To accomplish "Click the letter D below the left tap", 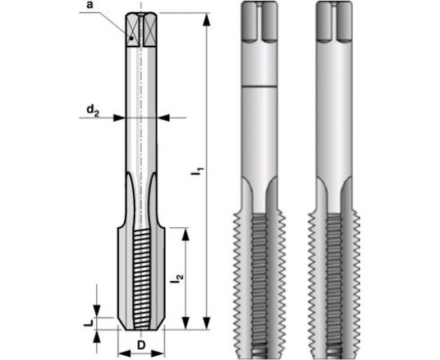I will tap(141, 345).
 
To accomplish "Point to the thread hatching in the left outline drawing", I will tap(144, 272).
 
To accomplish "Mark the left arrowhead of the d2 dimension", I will tap(120, 118).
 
